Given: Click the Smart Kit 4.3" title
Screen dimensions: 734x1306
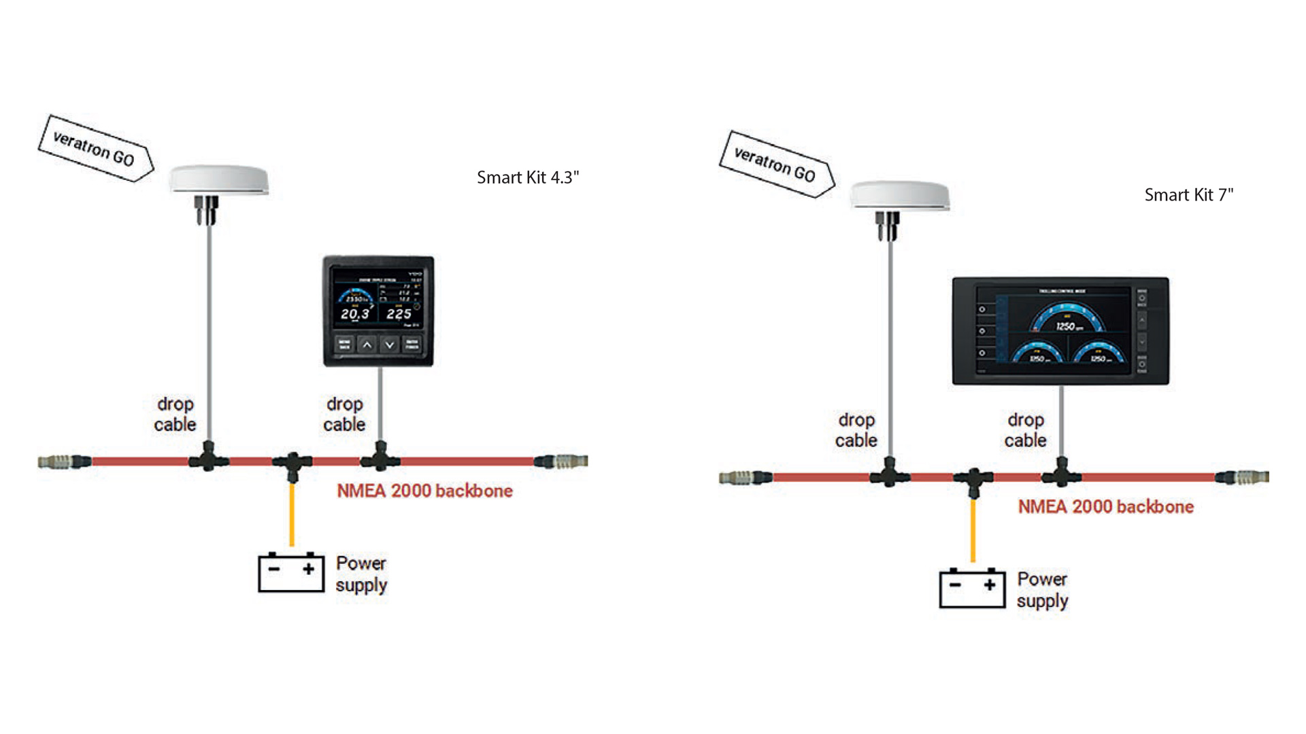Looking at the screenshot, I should [527, 177].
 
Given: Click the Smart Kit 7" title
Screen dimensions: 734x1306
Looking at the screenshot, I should [1188, 195].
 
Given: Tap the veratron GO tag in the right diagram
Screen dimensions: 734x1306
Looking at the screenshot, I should [776, 164].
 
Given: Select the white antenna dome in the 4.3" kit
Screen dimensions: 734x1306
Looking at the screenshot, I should [218, 179].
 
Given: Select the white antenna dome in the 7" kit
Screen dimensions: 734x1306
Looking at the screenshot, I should [899, 195].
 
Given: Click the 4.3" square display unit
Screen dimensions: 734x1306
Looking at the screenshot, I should [378, 311].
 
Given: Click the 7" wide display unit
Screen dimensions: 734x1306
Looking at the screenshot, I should [1060, 331].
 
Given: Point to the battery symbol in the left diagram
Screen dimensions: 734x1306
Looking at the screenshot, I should [291, 572].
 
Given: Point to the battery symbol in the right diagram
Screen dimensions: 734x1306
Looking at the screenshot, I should [972, 588].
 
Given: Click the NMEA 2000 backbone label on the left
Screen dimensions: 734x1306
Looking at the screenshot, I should [424, 491].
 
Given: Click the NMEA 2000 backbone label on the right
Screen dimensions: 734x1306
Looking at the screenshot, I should [1105, 506].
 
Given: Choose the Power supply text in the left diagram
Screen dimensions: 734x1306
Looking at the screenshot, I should [361, 574].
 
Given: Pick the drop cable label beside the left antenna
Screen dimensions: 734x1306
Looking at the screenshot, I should [175, 414].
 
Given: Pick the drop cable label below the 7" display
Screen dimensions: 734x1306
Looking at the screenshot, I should [1025, 430].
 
